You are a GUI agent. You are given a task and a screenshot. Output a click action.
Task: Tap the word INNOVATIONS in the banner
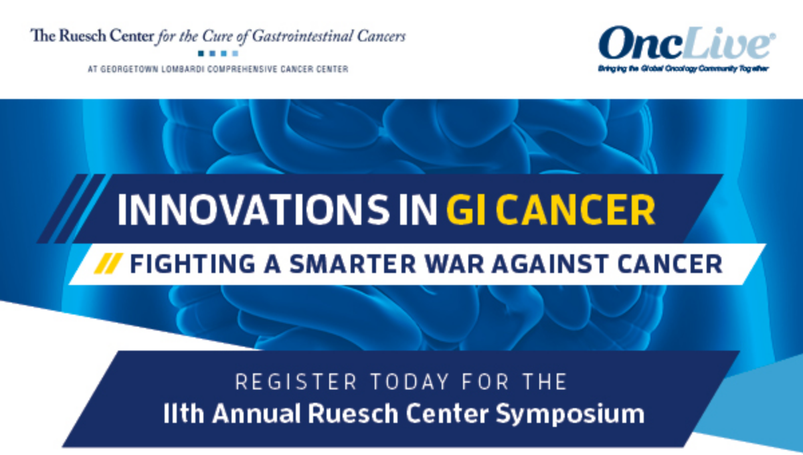pyautogui.click(x=253, y=209)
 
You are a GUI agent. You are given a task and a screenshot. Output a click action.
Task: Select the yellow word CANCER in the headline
pyautogui.click(x=575, y=209)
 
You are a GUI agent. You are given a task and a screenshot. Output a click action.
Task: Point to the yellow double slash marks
pyautogui.click(x=108, y=264)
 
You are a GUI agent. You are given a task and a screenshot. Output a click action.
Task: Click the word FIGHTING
pyautogui.click(x=193, y=264)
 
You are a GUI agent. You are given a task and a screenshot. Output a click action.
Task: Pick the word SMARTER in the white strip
pyautogui.click(x=353, y=264)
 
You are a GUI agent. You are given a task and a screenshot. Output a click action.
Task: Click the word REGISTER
pyautogui.click(x=296, y=381)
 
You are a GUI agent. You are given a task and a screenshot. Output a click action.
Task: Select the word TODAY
pyautogui.click(x=410, y=381)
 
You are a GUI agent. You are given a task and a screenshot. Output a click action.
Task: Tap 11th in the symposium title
pyautogui.click(x=183, y=414)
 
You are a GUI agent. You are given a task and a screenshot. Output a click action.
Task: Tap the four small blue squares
pyautogui.click(x=218, y=54)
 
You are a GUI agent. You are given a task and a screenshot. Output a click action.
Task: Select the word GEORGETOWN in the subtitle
pyautogui.click(x=129, y=69)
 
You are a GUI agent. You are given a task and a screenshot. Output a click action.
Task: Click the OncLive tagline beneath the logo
pyautogui.click(x=683, y=68)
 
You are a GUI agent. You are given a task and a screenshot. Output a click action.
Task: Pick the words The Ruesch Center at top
pyautogui.click(x=92, y=36)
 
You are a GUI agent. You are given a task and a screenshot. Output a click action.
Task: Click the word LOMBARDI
pyautogui.click(x=183, y=69)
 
